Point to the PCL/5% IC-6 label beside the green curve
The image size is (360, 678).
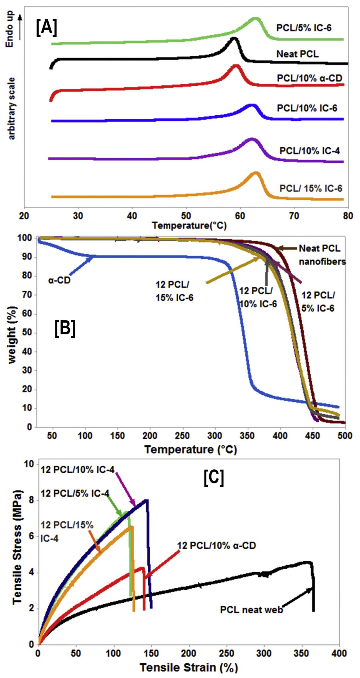(x=304, y=28)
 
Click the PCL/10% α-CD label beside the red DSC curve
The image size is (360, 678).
(x=310, y=78)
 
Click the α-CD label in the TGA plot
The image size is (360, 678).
(x=59, y=280)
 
